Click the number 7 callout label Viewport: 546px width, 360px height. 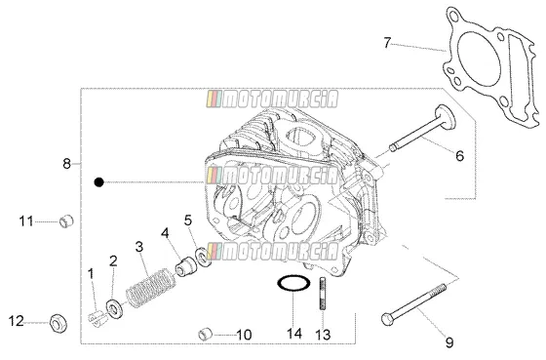[387, 43]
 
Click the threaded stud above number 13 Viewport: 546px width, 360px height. [323, 293]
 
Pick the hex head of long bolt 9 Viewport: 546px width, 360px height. [387, 319]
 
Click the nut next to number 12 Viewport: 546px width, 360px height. [58, 323]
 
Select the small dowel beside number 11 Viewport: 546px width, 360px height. [66, 221]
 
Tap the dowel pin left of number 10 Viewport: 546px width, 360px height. [206, 335]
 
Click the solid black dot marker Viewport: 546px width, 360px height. [99, 182]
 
